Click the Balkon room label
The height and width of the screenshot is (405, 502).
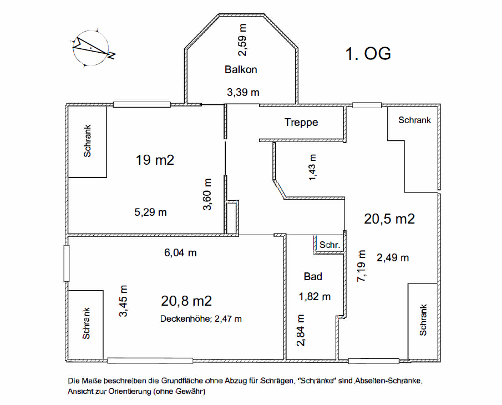click(x=241, y=69)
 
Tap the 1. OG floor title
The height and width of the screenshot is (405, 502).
click(x=368, y=53)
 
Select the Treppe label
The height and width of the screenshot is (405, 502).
click(x=301, y=122)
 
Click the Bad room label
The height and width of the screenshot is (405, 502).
click(x=313, y=276)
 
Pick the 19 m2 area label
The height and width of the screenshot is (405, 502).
click(x=155, y=160)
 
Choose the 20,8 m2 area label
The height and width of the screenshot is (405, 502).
click(x=186, y=301)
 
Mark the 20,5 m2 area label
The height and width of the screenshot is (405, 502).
click(x=389, y=219)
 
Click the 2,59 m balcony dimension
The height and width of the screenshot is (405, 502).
click(x=243, y=40)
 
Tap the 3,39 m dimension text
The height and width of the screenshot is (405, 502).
click(x=243, y=93)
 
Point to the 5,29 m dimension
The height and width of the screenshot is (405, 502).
click(x=150, y=212)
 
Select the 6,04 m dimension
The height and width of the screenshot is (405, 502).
click(x=180, y=253)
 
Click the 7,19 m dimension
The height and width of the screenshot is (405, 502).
click(x=362, y=266)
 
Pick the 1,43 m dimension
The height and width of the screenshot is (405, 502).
click(x=312, y=168)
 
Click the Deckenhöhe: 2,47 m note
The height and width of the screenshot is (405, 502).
click(x=201, y=319)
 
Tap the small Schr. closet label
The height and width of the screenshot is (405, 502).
click(x=329, y=245)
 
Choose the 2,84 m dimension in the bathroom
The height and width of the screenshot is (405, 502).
click(x=301, y=331)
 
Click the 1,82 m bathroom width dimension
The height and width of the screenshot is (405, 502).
click(x=315, y=297)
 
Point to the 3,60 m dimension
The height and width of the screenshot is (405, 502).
click(x=207, y=194)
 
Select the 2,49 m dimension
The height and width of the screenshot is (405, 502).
click(x=393, y=258)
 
